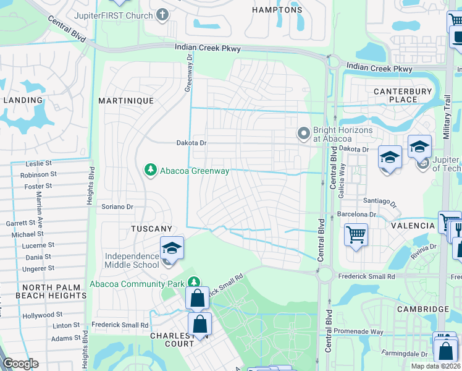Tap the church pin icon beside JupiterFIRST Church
162,14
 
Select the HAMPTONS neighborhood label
278,10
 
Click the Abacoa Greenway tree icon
149,169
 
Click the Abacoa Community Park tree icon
194,283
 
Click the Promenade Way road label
359,332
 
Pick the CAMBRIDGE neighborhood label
424,309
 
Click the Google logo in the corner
20,364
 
